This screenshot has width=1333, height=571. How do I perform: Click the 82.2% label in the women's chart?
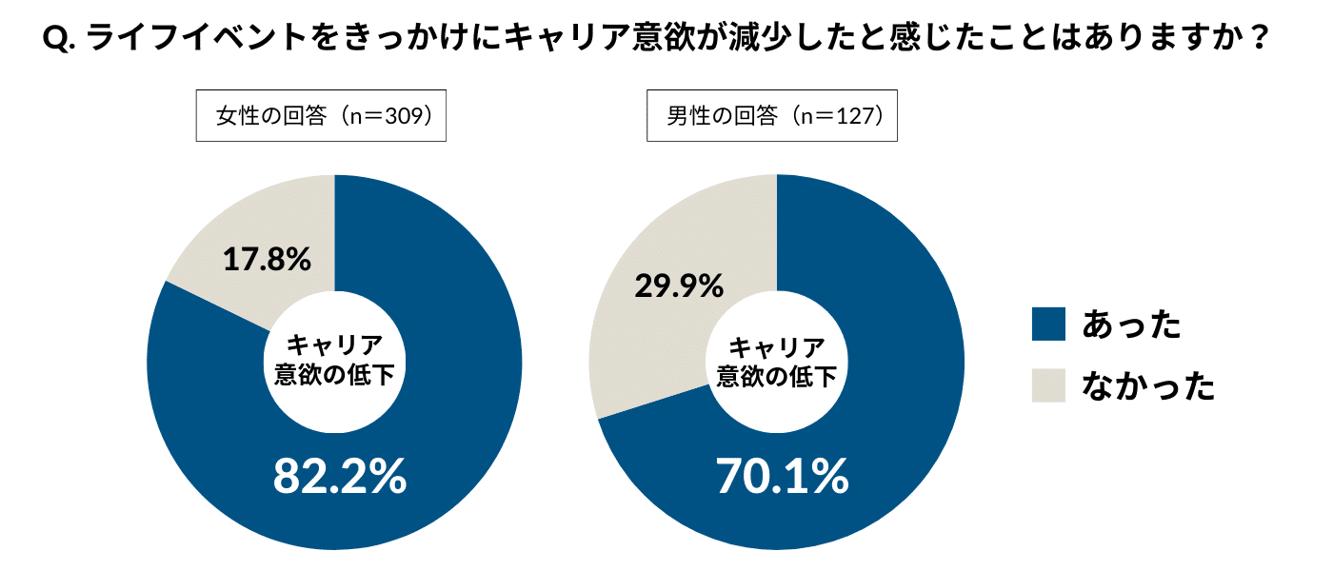pyautogui.click(x=340, y=476)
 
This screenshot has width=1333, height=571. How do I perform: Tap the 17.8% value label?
pyautogui.click(x=267, y=259)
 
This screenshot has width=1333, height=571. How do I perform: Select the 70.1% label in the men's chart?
pyautogui.click(x=782, y=476)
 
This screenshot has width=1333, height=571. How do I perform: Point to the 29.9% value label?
pyautogui.click(x=679, y=285)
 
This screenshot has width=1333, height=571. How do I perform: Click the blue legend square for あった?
pyautogui.click(x=1048, y=325)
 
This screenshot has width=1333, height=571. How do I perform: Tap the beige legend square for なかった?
pyautogui.click(x=1048, y=385)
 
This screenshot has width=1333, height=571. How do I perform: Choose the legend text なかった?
pyautogui.click(x=1148, y=385)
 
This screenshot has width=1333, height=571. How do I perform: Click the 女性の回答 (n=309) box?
pyautogui.click(x=321, y=116)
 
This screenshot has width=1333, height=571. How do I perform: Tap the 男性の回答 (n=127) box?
pyautogui.click(x=772, y=116)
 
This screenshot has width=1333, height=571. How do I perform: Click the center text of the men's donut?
pyautogui.click(x=776, y=361)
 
